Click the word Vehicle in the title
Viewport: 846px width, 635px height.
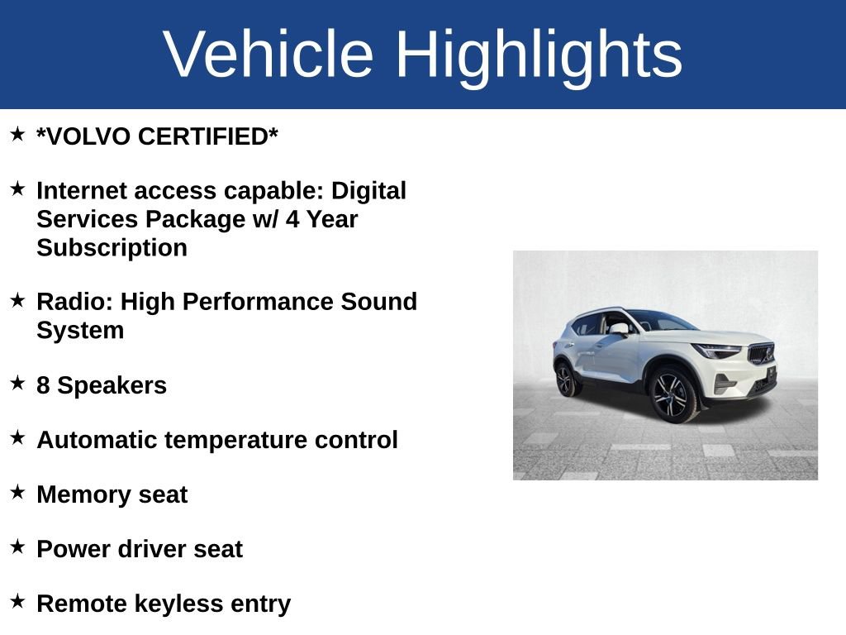point(269,55)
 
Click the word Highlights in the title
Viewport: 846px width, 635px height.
point(539,55)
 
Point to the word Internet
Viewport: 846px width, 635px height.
point(83,191)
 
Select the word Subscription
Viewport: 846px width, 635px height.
point(112,248)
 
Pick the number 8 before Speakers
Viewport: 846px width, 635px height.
point(43,386)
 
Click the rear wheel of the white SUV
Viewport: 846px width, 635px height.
point(566,380)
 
